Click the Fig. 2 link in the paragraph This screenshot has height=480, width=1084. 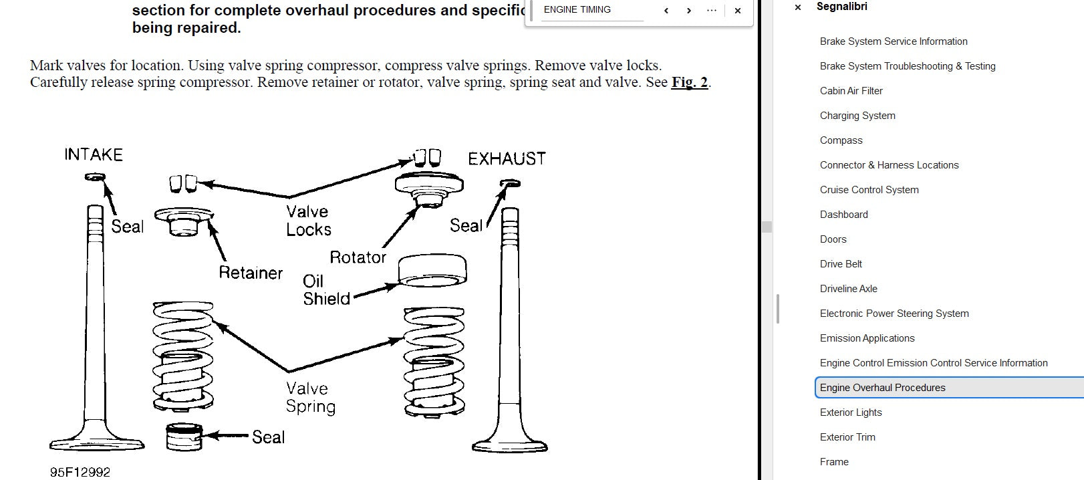click(x=690, y=82)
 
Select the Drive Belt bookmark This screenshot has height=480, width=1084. click(x=841, y=263)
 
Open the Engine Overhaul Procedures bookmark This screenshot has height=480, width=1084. click(x=882, y=388)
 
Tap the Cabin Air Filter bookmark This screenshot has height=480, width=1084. click(x=851, y=90)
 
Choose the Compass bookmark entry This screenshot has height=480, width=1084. click(x=841, y=140)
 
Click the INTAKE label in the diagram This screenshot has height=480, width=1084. click(x=94, y=154)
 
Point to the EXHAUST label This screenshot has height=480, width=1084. click(x=507, y=158)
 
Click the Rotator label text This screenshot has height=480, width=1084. click(x=358, y=257)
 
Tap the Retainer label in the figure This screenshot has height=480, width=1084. click(x=250, y=272)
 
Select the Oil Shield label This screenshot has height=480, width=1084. click(x=325, y=290)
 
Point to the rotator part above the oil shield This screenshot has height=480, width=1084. click(x=429, y=189)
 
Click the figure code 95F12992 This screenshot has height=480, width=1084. click(x=80, y=472)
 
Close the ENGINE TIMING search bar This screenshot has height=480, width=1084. click(x=738, y=11)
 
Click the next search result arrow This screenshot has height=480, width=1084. click(x=688, y=11)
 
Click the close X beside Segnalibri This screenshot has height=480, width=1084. click(x=798, y=7)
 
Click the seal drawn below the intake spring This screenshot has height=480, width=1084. click(x=184, y=437)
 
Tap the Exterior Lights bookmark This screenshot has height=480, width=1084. click(x=851, y=412)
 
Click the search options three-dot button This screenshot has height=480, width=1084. click(x=711, y=11)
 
